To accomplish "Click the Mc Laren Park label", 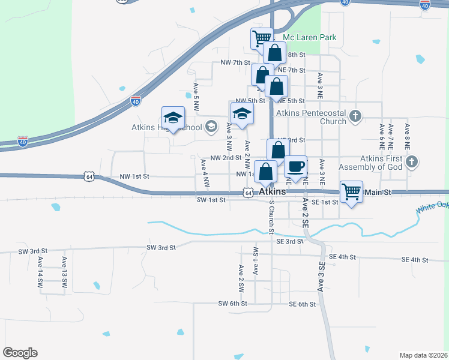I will [x=309, y=37].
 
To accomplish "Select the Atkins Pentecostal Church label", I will [x=311, y=117].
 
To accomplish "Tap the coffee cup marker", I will [x=295, y=167].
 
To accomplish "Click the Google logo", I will [x=20, y=353].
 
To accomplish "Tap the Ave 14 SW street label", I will [x=40, y=275].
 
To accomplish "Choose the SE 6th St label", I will [x=302, y=304].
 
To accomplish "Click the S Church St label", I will [x=271, y=217].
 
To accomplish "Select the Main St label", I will [x=378, y=192].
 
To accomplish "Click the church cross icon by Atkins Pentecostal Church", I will [x=355, y=116].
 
